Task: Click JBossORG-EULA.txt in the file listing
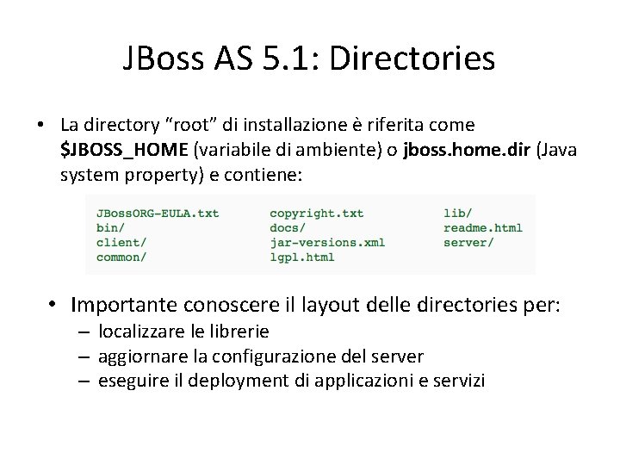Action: pyautogui.click(x=158, y=213)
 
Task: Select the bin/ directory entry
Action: pyautogui.click(x=110, y=227)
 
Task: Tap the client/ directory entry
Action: pyautogui.click(x=121, y=242)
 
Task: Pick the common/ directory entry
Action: pyautogui.click(x=121, y=257)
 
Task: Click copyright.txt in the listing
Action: pyautogui.click(x=316, y=213)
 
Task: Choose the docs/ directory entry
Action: pyautogui.click(x=288, y=227)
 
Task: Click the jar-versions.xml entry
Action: pyautogui.click(x=327, y=242)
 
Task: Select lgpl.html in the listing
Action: pyautogui.click(x=301, y=257)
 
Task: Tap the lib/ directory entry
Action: pyautogui.click(x=457, y=213)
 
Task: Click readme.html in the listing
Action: pyautogui.click(x=482, y=227)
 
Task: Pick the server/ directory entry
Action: pyautogui.click(x=468, y=242)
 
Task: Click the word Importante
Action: pyautogui.click(x=125, y=305)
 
